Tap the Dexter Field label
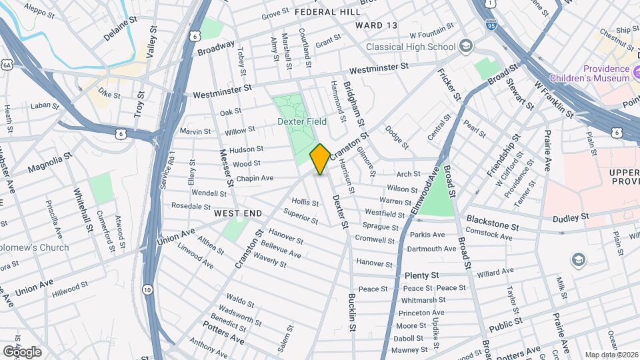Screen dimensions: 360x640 [x=301, y=122]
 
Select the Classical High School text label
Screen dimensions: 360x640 [x=410, y=47]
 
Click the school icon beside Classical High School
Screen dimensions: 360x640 [x=465, y=46]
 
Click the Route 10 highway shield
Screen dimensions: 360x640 [x=147, y=289]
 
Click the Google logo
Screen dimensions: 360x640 [x=22, y=351]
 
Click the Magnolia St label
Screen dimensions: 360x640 [x=50, y=163]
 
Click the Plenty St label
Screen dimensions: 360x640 [x=421, y=275]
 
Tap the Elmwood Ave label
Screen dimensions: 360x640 [x=425, y=189]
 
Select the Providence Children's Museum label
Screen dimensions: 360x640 [x=605, y=73]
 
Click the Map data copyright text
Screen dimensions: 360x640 [x=611, y=354]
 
